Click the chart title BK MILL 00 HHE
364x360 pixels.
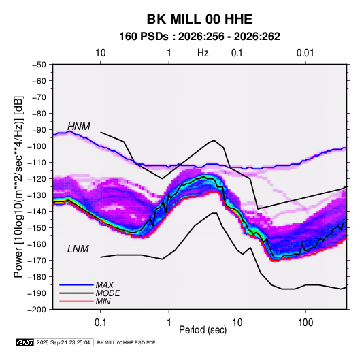coord(199,19)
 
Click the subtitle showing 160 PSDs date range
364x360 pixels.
coord(199,37)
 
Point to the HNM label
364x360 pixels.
coord(78,127)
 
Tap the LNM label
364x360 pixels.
coord(78,249)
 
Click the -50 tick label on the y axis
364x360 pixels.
coord(39,65)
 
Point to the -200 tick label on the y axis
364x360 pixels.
coord(37,310)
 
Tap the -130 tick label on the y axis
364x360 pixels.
coord(37,195)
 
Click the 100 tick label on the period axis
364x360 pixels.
coord(305,323)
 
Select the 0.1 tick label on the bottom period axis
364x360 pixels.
coord(100,323)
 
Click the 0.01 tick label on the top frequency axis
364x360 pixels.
coord(305,53)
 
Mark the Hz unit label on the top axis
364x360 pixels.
coord(203,53)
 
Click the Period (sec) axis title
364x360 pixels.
coord(203,330)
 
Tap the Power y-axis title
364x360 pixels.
coord(18,186)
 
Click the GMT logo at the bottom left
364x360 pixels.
coord(24,342)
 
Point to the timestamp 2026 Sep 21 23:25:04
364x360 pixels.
coord(63,342)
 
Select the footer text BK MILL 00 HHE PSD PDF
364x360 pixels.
coord(126,342)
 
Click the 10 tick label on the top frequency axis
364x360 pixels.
coord(101,53)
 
